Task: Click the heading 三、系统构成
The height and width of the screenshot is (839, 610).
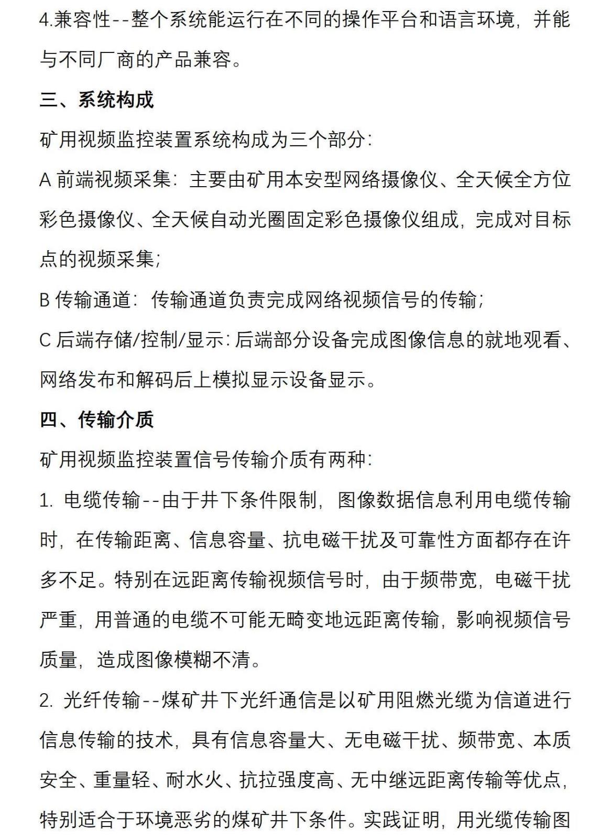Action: tap(96, 100)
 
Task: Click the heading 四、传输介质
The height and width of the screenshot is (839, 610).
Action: tap(96, 419)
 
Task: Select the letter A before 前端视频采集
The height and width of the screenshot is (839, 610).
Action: tap(46, 180)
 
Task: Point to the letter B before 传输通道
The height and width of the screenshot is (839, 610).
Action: tap(45, 300)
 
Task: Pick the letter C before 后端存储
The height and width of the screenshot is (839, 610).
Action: tap(45, 340)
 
